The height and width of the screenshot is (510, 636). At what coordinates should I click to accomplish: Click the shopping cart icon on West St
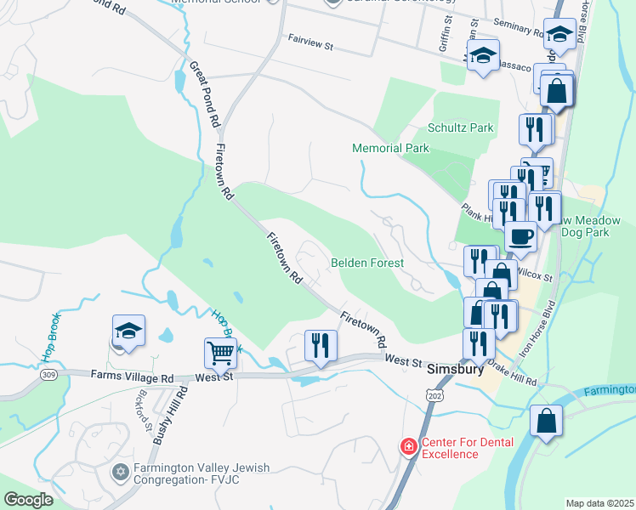point(220,352)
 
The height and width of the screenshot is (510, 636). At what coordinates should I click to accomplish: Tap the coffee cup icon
point(520,236)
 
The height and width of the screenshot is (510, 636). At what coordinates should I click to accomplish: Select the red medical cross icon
point(409,446)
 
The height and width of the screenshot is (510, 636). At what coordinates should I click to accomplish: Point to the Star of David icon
point(120,470)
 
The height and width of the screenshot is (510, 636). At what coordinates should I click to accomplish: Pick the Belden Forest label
point(366,263)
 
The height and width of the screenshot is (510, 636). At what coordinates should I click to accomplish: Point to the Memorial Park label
point(391,149)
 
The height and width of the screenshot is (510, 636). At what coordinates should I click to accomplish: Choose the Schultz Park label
point(460,128)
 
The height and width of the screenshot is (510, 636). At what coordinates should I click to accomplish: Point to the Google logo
point(28,500)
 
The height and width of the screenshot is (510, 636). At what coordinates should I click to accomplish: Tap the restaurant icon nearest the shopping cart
point(321,344)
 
